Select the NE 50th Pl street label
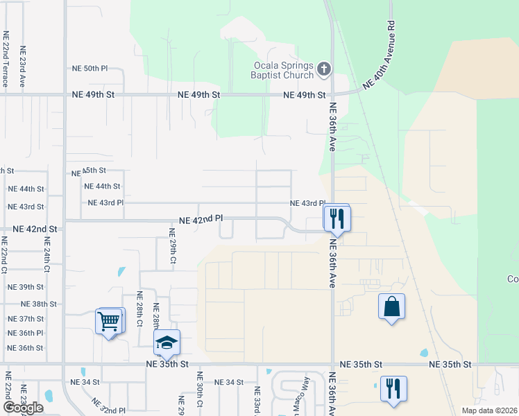90,69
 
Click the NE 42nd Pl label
201,218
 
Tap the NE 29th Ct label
173,246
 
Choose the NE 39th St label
26,287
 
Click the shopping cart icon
110,321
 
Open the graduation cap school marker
167,343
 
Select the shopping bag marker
391,306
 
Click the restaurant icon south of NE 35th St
393,388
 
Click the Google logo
23,408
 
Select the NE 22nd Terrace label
6,59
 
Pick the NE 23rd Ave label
22,67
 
